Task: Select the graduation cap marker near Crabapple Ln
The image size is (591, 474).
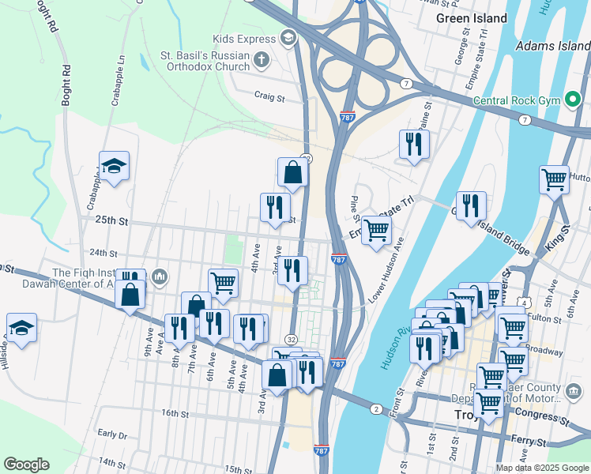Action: click(114, 167)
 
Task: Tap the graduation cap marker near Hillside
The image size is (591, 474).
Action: click(21, 328)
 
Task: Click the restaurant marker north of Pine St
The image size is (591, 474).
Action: click(413, 145)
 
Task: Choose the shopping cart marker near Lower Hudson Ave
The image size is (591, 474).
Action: click(376, 231)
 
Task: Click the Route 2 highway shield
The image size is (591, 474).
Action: click(376, 408)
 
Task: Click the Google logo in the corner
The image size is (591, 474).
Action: click(26, 464)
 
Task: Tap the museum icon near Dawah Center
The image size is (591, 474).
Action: click(160, 276)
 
